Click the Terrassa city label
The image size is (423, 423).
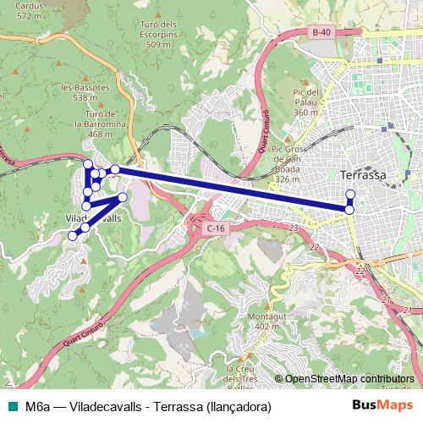pos(362,175)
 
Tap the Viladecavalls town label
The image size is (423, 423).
pos(94,217)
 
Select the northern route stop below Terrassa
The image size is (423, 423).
pos(350,195)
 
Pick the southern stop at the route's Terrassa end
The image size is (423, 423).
pos(349,209)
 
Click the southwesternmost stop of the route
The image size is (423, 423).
pos(73,236)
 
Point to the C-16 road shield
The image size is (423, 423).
pos(216,228)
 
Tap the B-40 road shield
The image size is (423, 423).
pos(321,33)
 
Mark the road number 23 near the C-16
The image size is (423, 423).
pos(294,228)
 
